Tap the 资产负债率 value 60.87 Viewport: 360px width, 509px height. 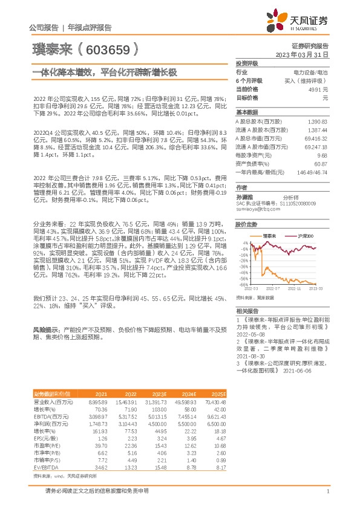[321, 163]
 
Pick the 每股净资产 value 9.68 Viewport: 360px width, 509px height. [322, 155]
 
